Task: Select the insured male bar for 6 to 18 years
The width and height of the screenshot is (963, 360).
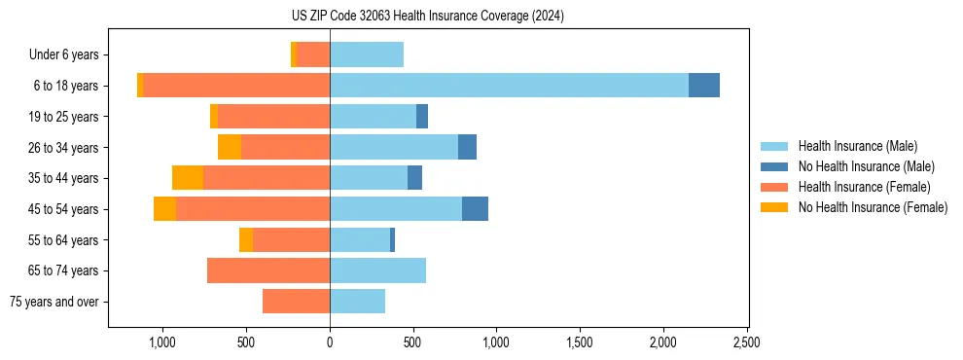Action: tap(509, 86)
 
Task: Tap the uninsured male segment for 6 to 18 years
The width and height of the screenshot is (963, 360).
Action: tap(704, 86)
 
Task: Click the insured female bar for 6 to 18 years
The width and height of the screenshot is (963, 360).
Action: tap(236, 86)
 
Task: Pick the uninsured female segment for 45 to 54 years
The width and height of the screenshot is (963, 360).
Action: tap(164, 209)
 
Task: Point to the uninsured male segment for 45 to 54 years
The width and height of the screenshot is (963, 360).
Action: tap(475, 209)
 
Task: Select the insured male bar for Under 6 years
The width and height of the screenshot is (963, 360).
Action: tap(367, 54)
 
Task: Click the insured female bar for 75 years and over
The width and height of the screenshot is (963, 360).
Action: tap(296, 302)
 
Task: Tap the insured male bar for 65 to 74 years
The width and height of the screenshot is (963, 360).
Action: tap(377, 270)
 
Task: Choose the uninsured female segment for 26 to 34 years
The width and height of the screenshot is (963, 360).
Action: tap(230, 147)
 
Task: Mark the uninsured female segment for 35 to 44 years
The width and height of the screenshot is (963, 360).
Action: tap(188, 178)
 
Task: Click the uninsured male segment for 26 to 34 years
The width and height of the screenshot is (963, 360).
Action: tap(467, 147)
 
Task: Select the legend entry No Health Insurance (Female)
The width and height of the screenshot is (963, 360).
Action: tap(873, 207)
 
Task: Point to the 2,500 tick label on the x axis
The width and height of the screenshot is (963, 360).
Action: tap(746, 342)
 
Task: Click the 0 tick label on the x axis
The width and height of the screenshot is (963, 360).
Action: tap(330, 342)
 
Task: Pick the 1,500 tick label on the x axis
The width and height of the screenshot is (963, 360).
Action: tap(580, 342)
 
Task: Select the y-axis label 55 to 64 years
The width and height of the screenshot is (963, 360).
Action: tap(64, 240)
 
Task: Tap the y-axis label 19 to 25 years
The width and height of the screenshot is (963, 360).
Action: tap(64, 117)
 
